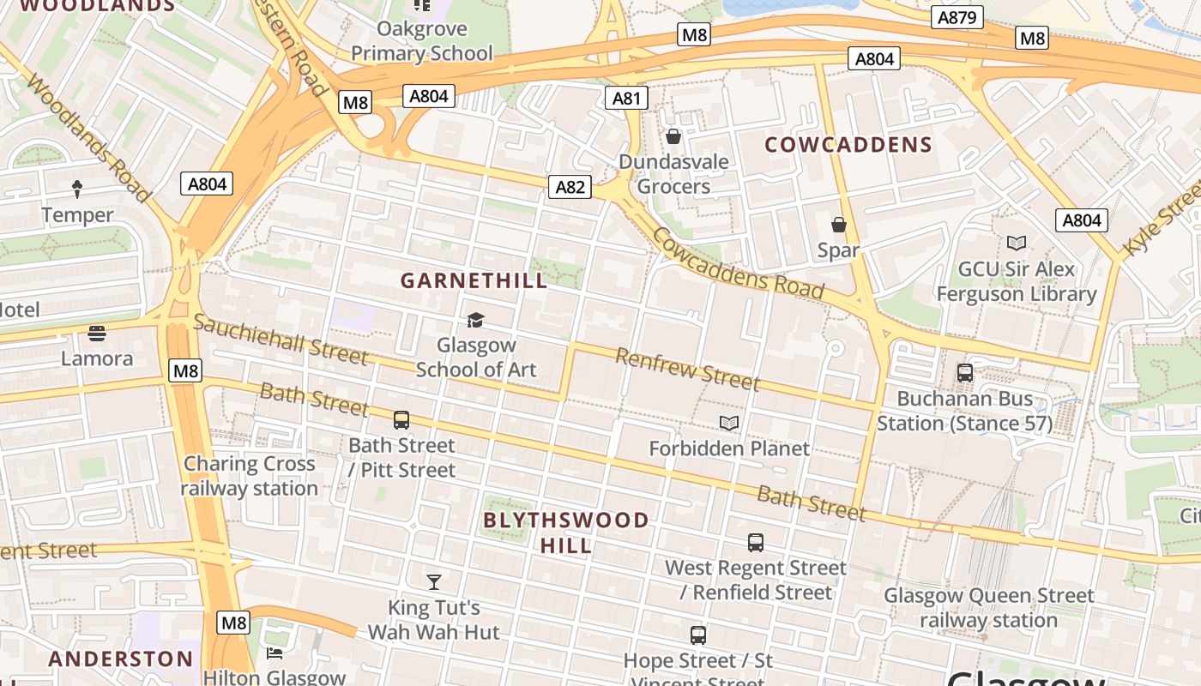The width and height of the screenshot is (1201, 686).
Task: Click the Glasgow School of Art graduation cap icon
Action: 475,320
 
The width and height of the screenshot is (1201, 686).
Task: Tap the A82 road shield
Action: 570,187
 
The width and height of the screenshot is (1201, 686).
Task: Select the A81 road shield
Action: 626,98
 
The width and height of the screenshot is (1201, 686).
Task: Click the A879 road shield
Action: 957,17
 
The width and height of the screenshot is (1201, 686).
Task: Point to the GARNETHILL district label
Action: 474,280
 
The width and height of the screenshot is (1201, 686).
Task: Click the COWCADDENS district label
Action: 848,144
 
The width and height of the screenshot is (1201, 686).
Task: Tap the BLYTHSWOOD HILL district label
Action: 566,533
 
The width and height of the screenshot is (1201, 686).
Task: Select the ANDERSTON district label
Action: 121,659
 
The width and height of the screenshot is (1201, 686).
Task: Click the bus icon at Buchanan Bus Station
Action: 965,373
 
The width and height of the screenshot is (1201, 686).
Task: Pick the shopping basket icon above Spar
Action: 839,225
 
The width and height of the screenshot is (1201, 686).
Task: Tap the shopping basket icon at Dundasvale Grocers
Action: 673,136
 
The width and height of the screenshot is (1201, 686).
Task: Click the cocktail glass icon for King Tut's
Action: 434,582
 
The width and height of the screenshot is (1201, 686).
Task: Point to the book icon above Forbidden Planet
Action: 729,423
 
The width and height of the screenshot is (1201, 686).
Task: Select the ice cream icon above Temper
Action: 77,189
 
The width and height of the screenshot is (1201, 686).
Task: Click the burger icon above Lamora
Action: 97,333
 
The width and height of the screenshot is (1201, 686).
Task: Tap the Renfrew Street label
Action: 687,369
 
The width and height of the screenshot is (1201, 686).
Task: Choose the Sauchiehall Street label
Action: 281,339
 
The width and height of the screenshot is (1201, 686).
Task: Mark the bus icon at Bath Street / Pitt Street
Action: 401,420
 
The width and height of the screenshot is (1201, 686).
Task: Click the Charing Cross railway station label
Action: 250,476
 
